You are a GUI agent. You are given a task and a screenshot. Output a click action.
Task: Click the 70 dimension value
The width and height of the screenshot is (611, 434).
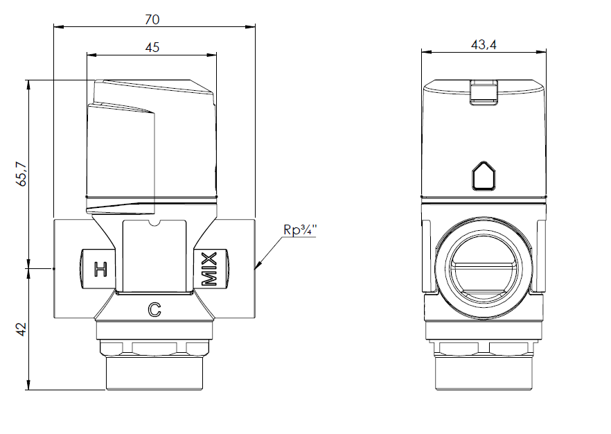tap(152, 19)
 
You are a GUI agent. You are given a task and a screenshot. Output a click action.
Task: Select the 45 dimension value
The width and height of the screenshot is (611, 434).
tap(152, 47)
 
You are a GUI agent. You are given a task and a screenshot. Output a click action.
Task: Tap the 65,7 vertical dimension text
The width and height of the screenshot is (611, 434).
tap(21, 174)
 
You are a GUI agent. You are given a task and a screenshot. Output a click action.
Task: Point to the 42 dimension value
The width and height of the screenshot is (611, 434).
tap(21, 327)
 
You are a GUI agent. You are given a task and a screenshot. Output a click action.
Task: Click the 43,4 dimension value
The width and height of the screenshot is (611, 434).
tap(484, 44)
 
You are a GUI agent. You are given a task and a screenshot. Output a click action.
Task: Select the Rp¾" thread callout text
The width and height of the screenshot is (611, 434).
tap(299, 229)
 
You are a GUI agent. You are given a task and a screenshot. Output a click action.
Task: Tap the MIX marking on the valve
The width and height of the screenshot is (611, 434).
tap(209, 269)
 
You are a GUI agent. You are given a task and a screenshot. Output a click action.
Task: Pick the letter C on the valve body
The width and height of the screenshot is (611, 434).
tap(154, 310)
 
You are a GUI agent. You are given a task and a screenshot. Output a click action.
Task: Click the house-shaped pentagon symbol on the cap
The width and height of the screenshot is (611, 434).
tap(484, 176)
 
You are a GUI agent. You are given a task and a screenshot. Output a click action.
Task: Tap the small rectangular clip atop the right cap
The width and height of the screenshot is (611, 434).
tap(484, 92)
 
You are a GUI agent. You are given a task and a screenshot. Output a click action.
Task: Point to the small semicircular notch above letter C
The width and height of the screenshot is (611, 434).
tap(154, 223)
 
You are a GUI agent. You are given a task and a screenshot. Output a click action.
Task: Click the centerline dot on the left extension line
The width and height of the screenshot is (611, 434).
tap(53, 268)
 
